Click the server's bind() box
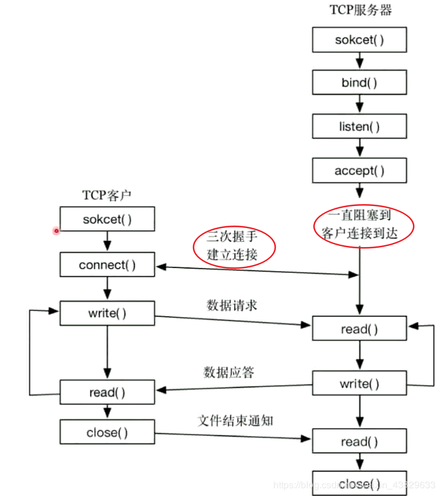[x=359, y=83]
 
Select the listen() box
[x=359, y=127]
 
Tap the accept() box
[x=359, y=171]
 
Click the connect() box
[x=107, y=265]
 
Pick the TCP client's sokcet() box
[x=107, y=219]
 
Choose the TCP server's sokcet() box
[x=359, y=41]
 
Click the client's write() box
[x=107, y=313]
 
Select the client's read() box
[x=107, y=393]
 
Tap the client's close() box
[x=107, y=433]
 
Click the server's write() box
[x=359, y=384]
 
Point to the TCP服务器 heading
[x=361, y=10]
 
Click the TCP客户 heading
[x=107, y=195]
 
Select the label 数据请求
[x=232, y=305]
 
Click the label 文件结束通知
[x=235, y=420]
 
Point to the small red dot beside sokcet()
[x=57, y=230]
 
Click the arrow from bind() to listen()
[x=359, y=104]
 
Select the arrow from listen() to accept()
[x=359, y=148]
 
